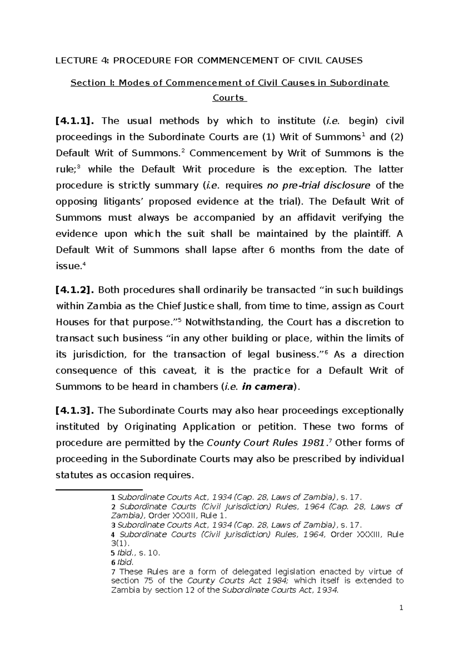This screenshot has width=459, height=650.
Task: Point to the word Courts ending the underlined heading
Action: pos(228,98)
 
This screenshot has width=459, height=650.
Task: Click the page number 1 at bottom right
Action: pos(401,608)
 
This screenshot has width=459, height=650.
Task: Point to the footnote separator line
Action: pos(99,489)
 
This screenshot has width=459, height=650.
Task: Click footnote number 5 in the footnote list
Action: pos(112,553)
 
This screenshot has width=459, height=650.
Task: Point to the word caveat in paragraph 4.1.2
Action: pos(179,371)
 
